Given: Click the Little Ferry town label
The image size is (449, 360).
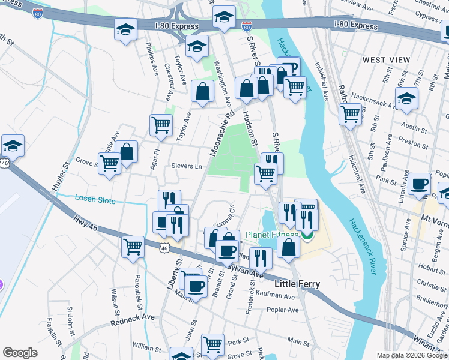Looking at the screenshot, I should click(x=297, y=284).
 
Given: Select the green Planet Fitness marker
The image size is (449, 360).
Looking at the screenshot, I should click(x=308, y=235).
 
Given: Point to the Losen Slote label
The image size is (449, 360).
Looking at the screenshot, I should click(x=95, y=200).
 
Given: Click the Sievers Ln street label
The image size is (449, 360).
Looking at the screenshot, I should click(x=187, y=166).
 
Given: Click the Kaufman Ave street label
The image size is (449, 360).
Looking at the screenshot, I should click(x=275, y=296).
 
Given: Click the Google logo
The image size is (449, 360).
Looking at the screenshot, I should click(x=20, y=353).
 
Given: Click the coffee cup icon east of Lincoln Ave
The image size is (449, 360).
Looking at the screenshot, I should click(x=419, y=184).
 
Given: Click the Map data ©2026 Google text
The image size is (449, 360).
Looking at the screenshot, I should click(x=411, y=355).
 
